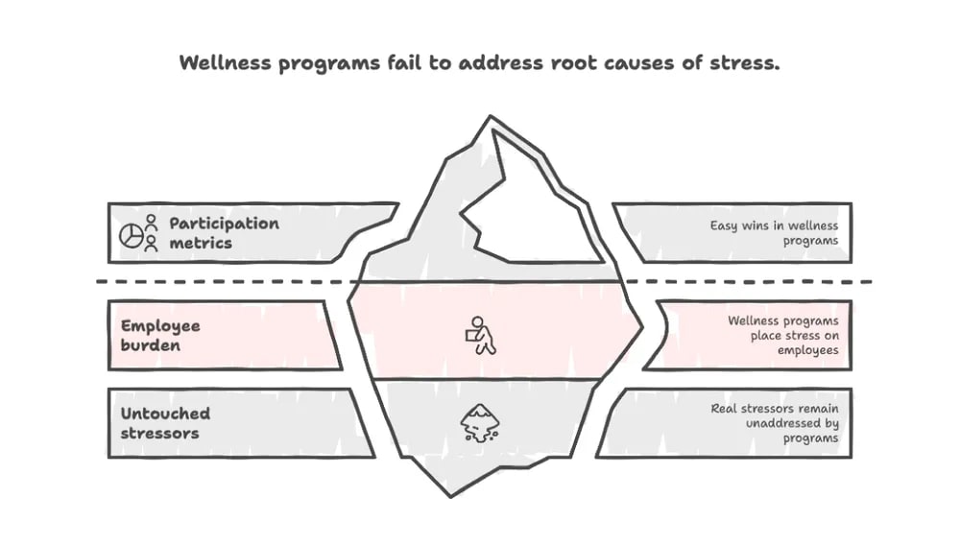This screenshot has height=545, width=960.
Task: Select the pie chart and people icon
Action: click(x=138, y=233)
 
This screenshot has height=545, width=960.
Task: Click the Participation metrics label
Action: click(x=224, y=233)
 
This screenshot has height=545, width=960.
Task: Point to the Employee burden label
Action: click(x=160, y=335)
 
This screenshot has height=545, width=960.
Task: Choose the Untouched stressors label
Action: click(x=165, y=423)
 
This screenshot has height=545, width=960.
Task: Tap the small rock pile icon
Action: click(x=477, y=423)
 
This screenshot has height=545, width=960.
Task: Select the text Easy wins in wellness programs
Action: click(x=774, y=233)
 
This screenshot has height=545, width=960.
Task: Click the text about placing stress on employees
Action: click(x=782, y=335)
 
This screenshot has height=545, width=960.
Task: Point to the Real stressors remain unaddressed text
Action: click(x=775, y=423)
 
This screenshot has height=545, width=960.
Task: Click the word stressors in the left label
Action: click(x=160, y=433)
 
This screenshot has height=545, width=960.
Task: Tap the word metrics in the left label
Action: click(x=201, y=243)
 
